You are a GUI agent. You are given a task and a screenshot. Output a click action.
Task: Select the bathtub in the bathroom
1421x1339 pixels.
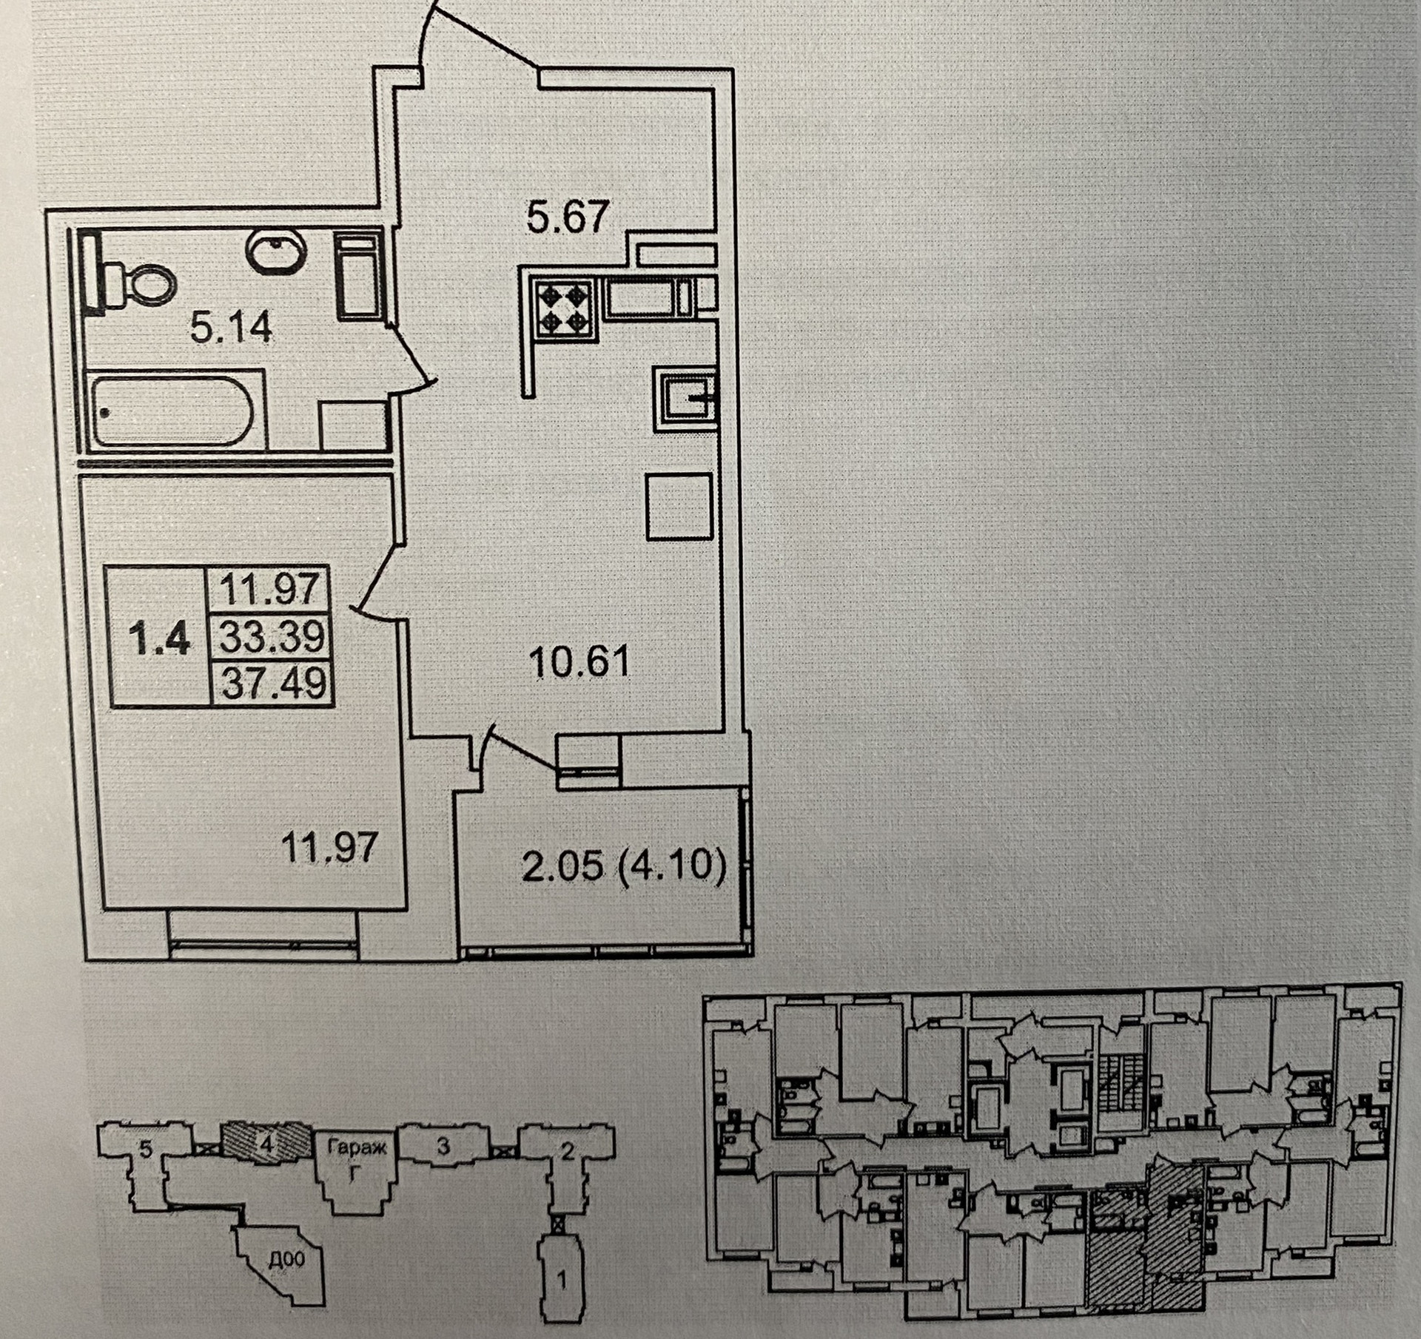pyautogui.click(x=175, y=410)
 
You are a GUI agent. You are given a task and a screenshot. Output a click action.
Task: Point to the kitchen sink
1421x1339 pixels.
pyautogui.click(x=684, y=401)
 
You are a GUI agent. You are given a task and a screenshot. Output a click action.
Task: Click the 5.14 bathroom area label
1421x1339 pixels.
pyautogui.click(x=231, y=327)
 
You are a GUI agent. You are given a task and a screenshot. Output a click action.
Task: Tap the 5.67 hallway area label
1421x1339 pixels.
pyautogui.click(x=568, y=217)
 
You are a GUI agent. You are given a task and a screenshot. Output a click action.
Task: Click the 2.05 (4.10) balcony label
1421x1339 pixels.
pyautogui.click(x=623, y=865)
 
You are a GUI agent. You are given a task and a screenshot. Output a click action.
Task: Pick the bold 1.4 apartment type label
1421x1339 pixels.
pyautogui.click(x=159, y=638)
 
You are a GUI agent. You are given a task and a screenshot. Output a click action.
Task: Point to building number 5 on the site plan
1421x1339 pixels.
pyautogui.click(x=146, y=1170)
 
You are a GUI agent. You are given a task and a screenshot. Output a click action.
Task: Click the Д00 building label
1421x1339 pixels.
pyautogui.click(x=286, y=1259)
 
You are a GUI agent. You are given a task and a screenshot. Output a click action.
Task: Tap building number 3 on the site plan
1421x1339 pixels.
pyautogui.click(x=443, y=1167)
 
